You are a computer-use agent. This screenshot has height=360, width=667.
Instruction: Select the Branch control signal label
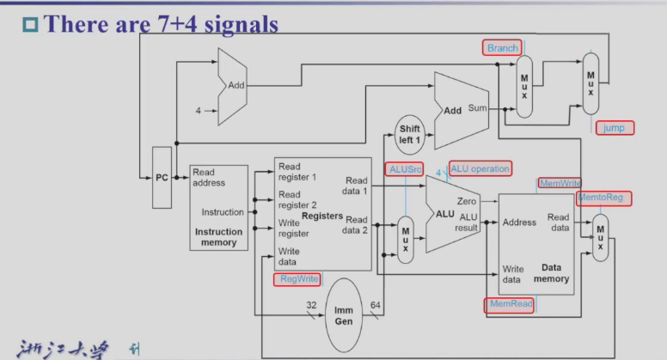coord(503,48)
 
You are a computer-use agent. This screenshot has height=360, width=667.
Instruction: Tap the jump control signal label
coord(614,128)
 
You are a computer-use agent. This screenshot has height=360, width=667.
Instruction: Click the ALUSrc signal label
coord(404,169)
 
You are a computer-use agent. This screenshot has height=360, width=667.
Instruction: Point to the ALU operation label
coord(480,168)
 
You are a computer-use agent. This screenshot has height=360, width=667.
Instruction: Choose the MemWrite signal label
coord(560,183)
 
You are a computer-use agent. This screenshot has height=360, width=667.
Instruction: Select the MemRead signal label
coord(508,304)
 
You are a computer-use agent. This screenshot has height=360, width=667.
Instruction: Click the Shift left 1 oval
coord(409,135)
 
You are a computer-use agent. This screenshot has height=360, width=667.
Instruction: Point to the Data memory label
coord(551,273)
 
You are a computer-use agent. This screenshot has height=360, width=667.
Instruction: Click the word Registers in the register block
coord(322,216)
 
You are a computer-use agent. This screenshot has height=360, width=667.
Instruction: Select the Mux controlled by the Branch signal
coord(524,88)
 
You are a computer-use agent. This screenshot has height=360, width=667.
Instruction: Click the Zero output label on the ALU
coord(467,200)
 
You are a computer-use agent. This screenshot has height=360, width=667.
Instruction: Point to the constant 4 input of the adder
coord(199,111)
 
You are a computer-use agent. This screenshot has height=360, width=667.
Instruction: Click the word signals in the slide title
coord(237,23)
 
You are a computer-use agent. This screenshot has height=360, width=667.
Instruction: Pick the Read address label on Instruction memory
coord(209,177)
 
